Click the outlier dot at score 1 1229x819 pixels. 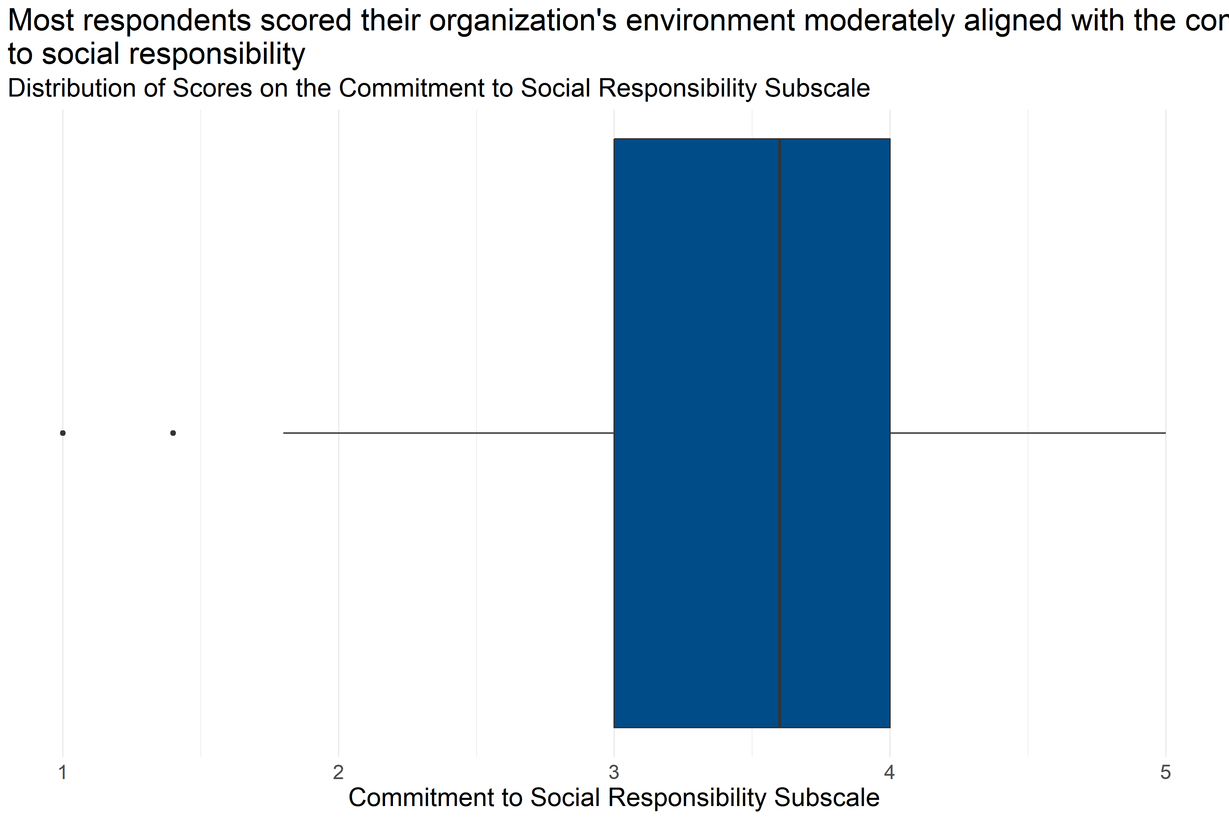point(63,433)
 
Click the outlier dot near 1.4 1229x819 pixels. point(173,433)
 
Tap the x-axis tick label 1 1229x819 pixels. point(63,772)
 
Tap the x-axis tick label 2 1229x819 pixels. point(338,772)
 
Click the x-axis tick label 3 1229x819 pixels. point(614,772)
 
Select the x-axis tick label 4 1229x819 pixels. point(889,772)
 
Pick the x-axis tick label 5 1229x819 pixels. point(1165,772)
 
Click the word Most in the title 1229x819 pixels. point(41,21)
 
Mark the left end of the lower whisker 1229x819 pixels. point(284,433)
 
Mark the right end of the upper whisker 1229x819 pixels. point(1165,433)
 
